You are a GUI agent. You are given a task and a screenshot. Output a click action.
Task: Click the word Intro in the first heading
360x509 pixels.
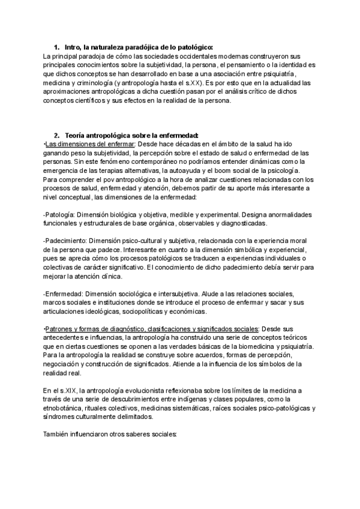point(73,47)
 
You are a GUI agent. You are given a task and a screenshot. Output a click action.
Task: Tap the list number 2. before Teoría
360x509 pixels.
point(56,135)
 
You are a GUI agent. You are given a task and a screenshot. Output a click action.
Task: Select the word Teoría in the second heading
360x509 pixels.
point(76,135)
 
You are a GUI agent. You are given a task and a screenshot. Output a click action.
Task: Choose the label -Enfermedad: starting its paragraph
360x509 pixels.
point(63,294)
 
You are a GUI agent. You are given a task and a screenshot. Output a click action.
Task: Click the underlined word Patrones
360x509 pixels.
point(60,329)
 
